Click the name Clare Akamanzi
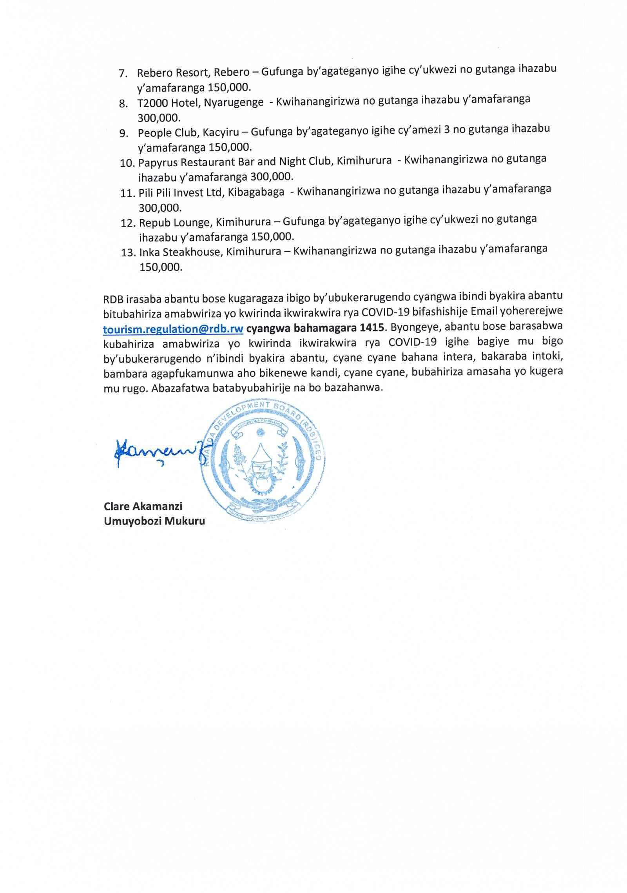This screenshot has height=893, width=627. pos(143,506)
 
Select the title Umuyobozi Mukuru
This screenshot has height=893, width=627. pos(154,521)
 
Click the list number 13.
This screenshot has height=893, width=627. pos(128,253)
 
